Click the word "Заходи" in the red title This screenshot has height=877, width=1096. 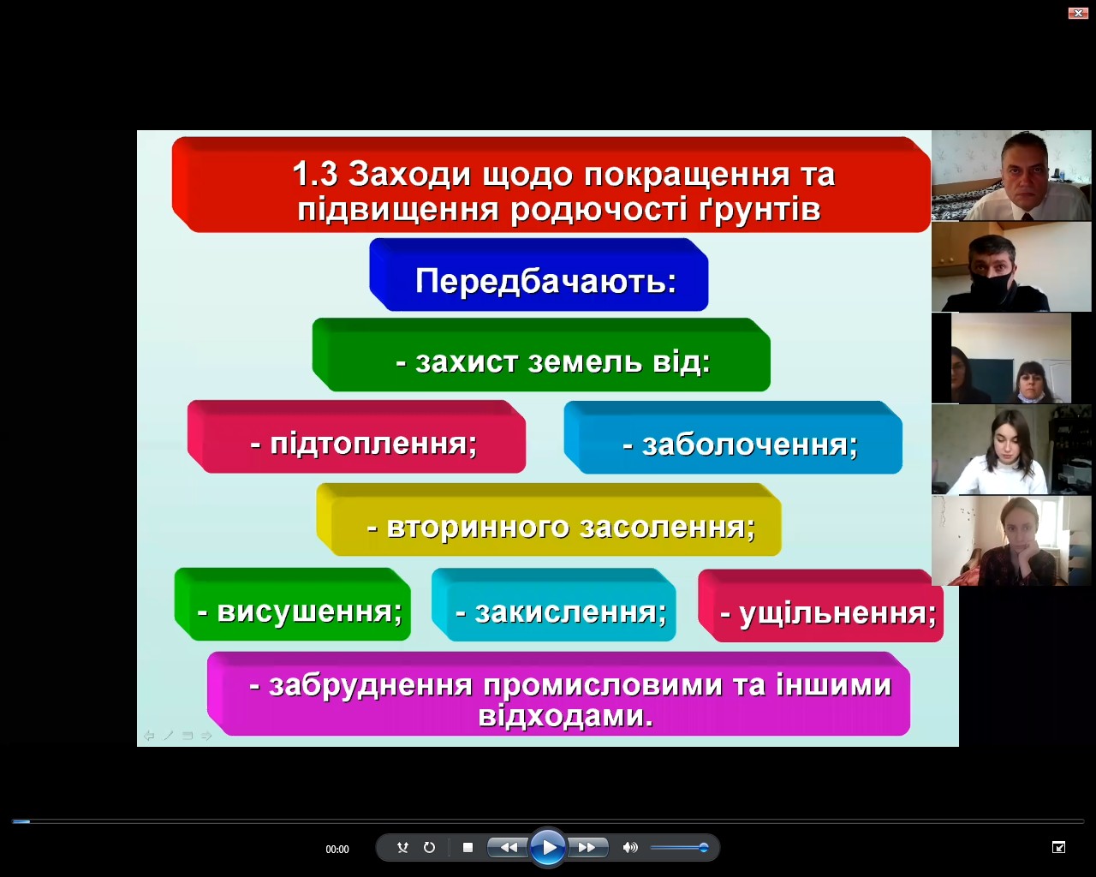409,175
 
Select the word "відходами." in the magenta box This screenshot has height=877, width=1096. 566,716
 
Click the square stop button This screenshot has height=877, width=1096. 468,848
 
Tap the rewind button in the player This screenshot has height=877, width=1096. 509,848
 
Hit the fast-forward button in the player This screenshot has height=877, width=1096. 587,848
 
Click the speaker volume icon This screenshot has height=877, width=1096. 630,848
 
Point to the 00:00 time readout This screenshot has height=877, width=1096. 337,850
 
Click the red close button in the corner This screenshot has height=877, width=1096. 1078,13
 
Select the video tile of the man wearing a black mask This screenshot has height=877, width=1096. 1011,266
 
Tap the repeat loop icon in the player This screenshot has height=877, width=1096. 430,848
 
